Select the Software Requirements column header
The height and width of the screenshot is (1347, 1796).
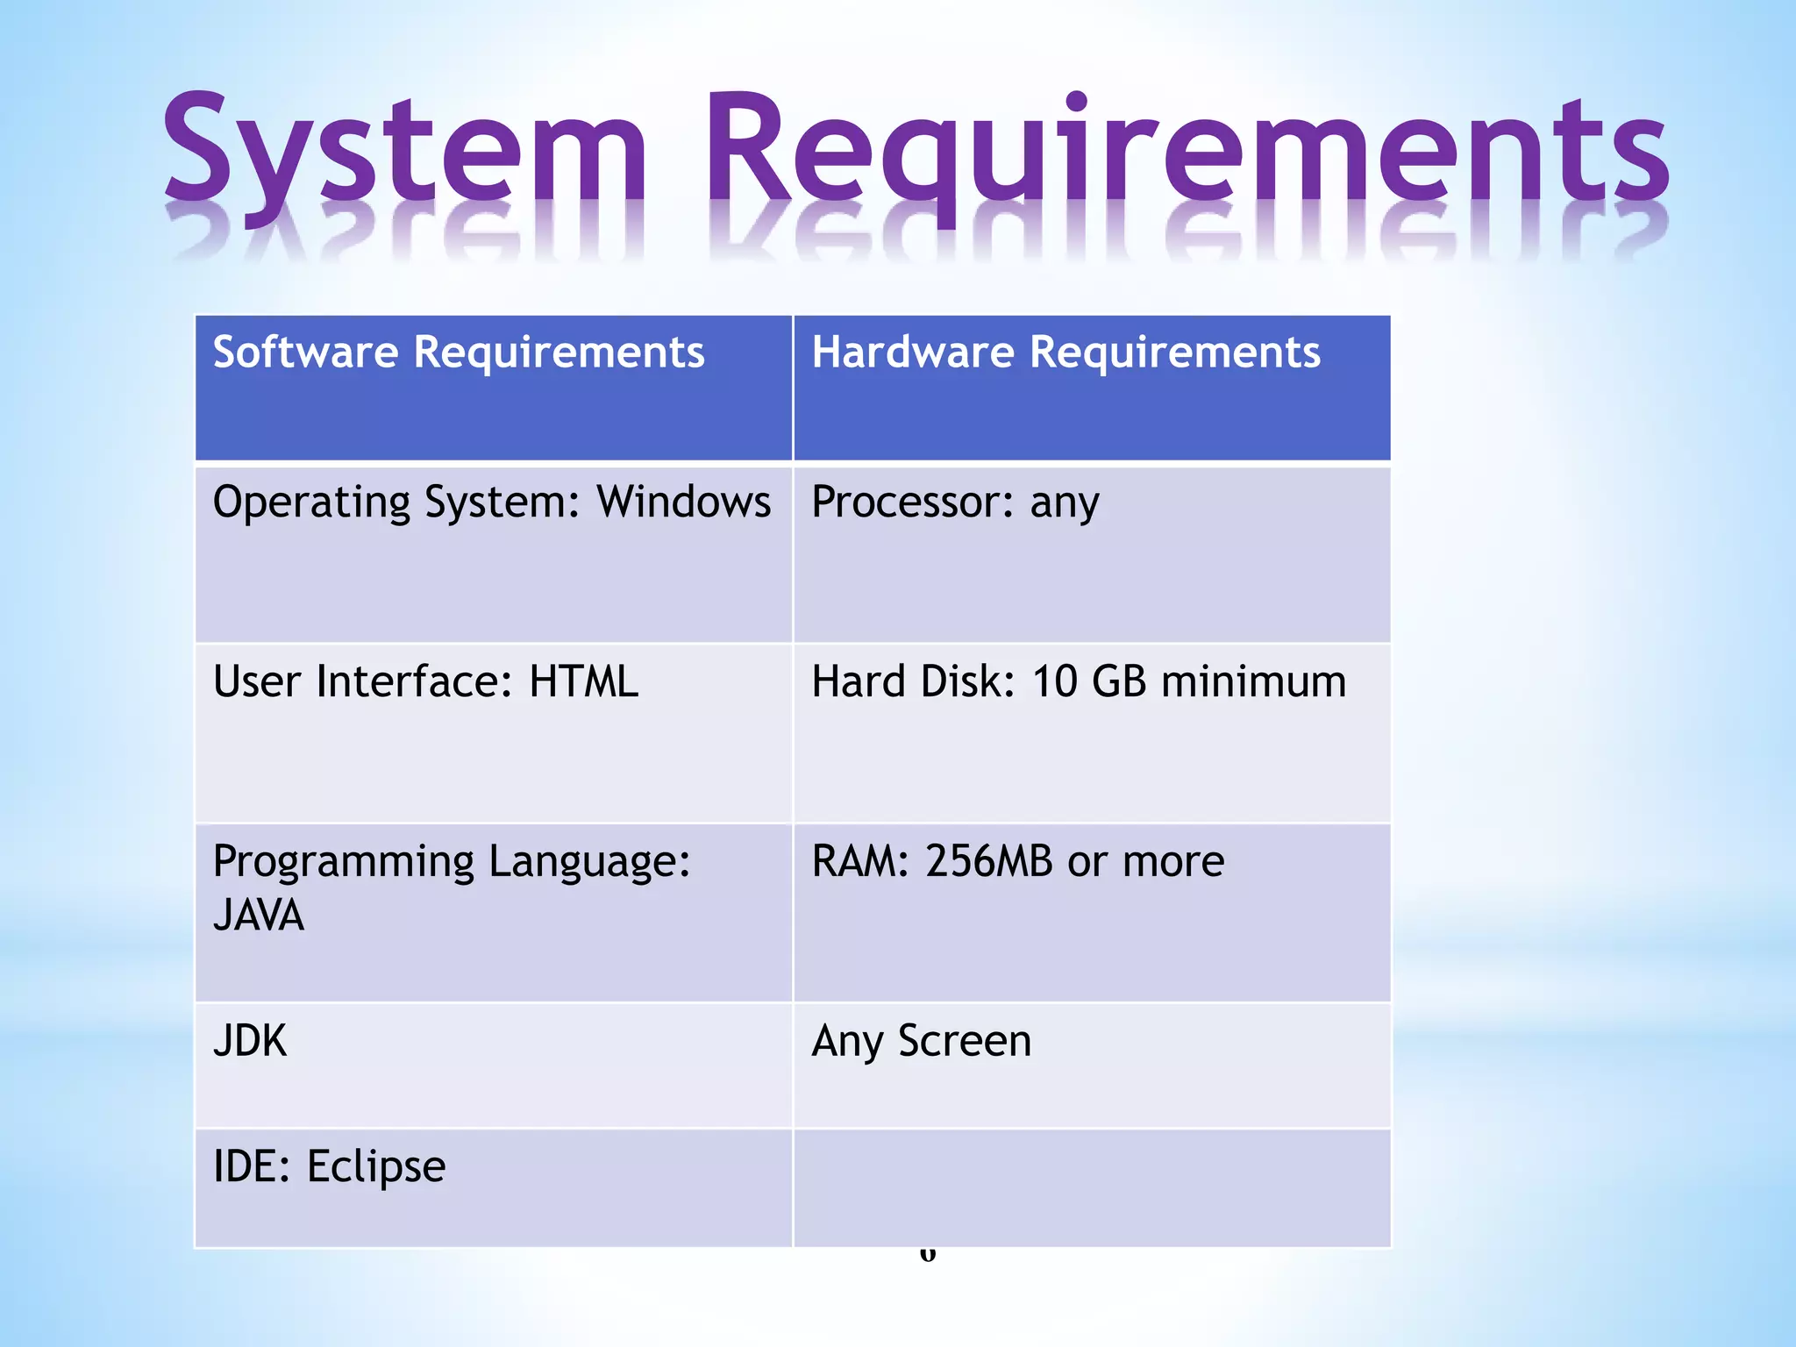(x=459, y=353)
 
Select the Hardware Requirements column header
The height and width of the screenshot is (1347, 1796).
(x=1065, y=353)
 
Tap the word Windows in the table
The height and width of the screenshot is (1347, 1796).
(x=684, y=502)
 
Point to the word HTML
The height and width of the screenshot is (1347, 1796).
(x=584, y=681)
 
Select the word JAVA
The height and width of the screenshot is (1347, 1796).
(x=259, y=916)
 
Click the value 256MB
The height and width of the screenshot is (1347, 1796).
(x=988, y=861)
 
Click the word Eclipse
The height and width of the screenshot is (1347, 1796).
(x=375, y=1167)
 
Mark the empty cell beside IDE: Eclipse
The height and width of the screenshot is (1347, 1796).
(x=1091, y=1188)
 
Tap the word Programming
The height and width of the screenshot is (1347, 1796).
(x=343, y=861)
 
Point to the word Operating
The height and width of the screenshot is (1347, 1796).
(x=311, y=502)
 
